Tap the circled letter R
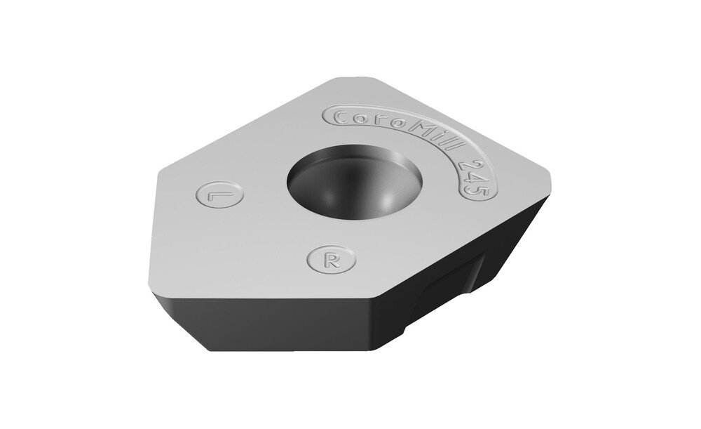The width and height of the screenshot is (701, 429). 332,259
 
